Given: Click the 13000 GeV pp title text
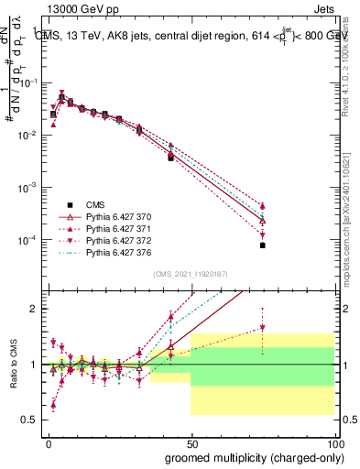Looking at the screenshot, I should pos(72,7).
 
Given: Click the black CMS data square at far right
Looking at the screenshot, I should pos(262,245).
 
